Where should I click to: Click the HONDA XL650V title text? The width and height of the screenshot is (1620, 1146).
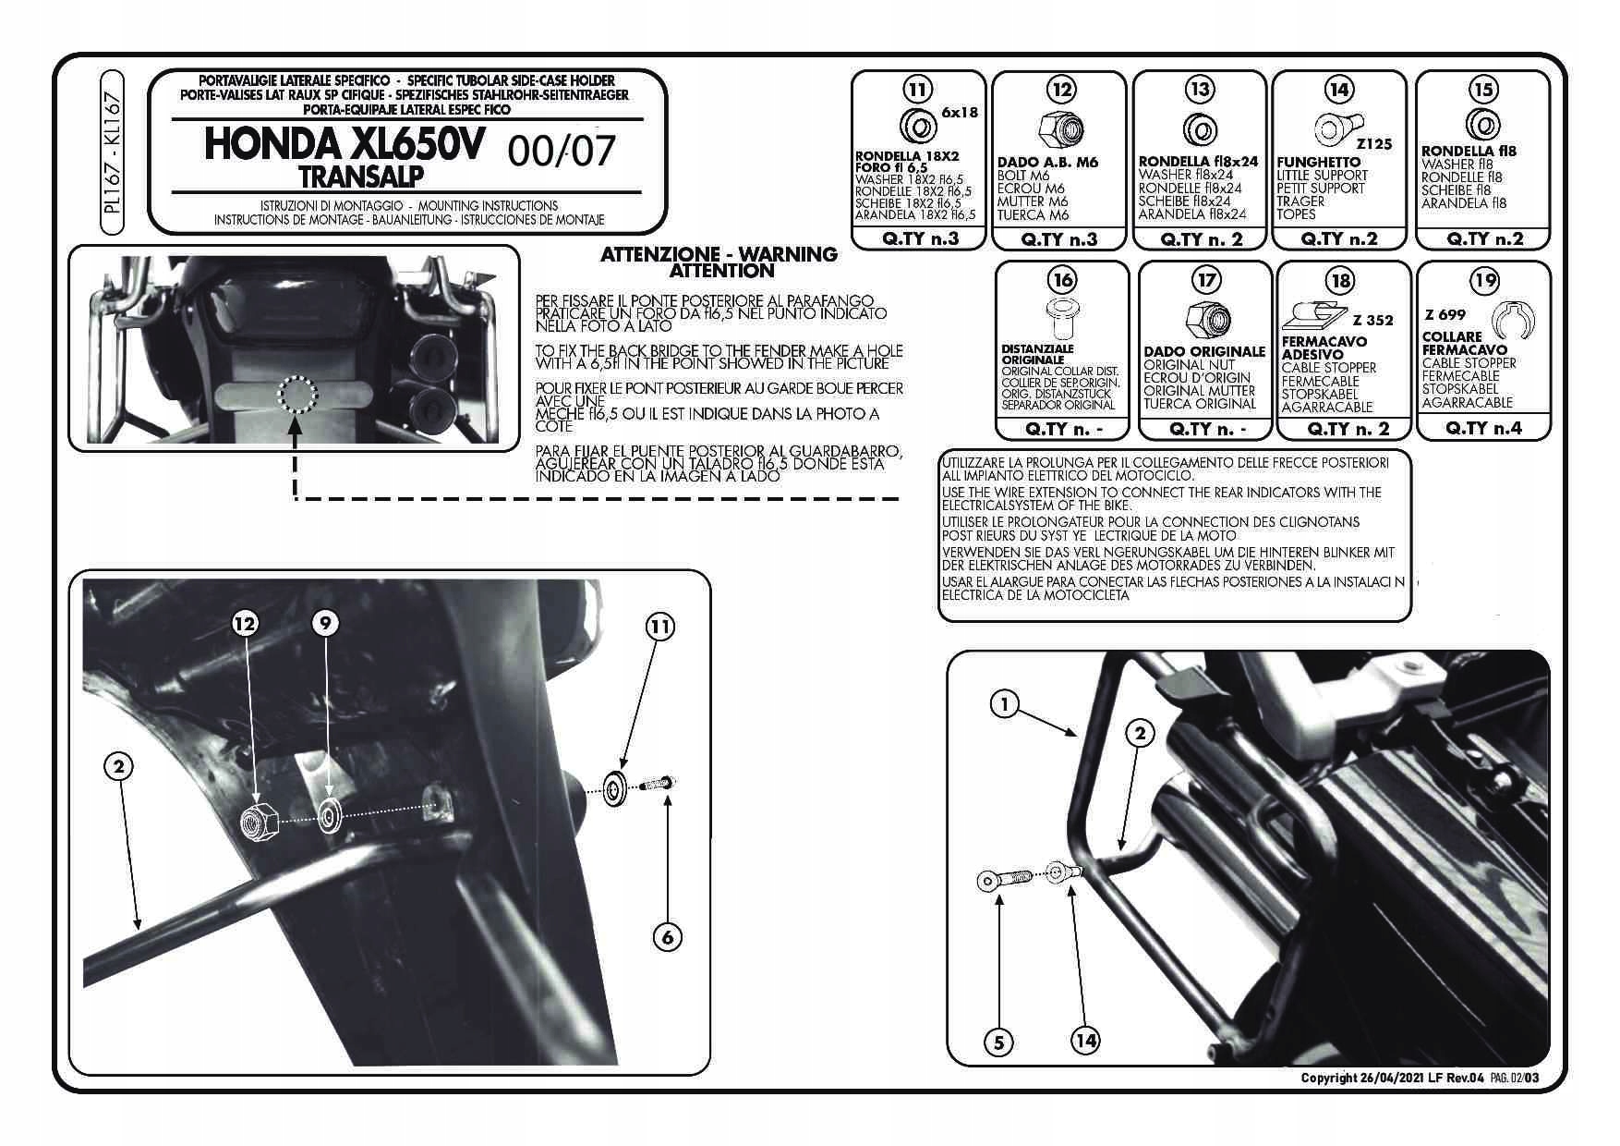pos(342,145)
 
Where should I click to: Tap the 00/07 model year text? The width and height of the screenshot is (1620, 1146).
pos(561,151)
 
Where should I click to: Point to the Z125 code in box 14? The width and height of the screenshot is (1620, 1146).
pos(1374,145)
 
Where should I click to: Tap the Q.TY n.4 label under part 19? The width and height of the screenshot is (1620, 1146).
pos(1483,427)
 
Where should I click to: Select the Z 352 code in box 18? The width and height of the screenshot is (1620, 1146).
pos(1372,321)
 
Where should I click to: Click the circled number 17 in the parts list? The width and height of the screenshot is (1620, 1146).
pos(1205,279)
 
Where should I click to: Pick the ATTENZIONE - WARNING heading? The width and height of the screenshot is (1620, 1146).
pos(718,253)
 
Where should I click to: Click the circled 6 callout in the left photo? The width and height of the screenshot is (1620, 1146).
pos(667,936)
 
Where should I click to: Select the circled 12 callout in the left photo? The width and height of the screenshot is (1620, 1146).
pos(245,624)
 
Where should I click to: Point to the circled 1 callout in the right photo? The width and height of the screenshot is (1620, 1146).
pos(1004,705)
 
